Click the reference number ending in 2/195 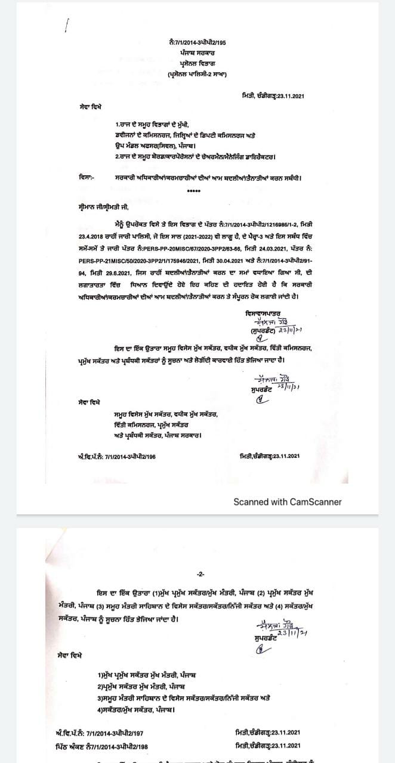click(x=197, y=42)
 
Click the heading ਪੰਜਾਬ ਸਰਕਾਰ click(x=197, y=52)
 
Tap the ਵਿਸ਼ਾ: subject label click(x=87, y=177)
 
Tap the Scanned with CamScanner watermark click(x=287, y=501)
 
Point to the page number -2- click(x=200, y=574)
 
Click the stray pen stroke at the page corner click(x=67, y=26)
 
